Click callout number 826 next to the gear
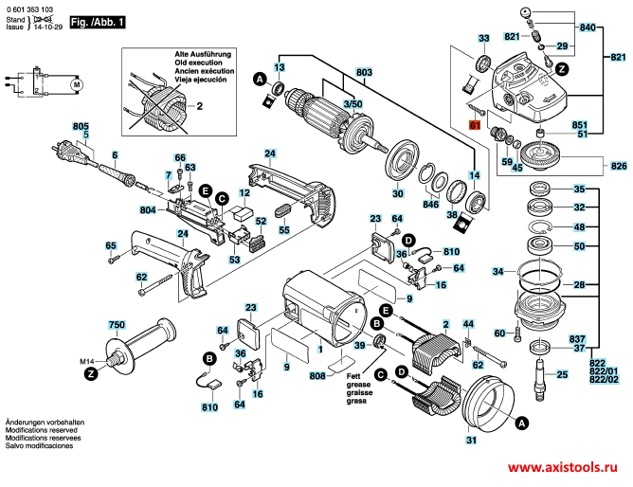[614, 164]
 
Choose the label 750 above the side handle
[117, 325]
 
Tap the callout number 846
[431, 204]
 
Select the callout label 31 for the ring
[471, 439]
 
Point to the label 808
[317, 377]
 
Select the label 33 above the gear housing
[484, 38]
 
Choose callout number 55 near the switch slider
[283, 229]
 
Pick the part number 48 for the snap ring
[580, 227]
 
